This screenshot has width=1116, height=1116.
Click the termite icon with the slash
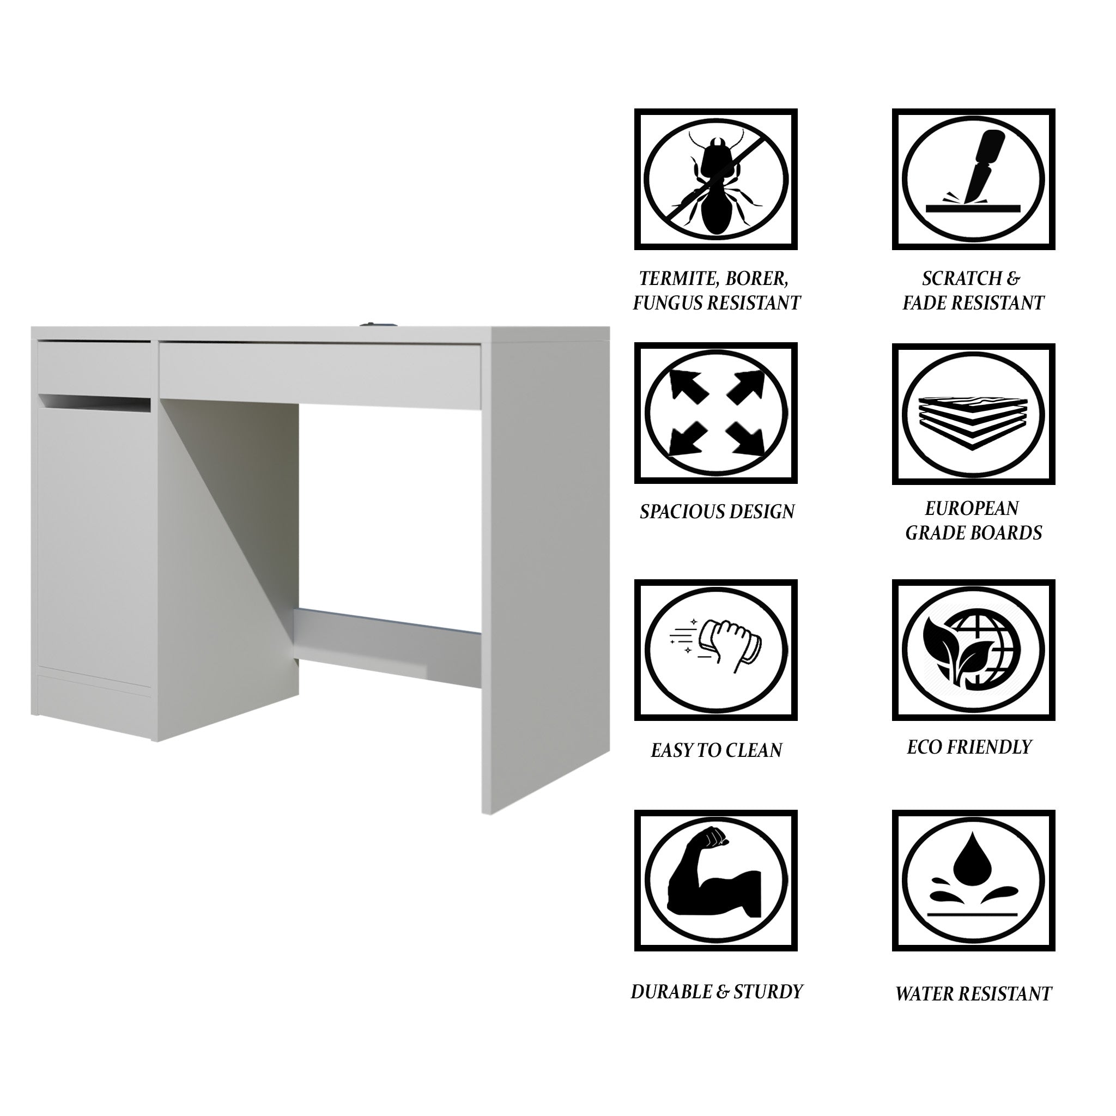click(715, 179)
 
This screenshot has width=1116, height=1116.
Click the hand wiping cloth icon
click(715, 650)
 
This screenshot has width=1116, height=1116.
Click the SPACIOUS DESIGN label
click(717, 512)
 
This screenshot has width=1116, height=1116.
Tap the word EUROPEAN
click(972, 508)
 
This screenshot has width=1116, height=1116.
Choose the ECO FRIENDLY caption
click(969, 747)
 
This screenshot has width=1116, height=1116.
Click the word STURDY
click(768, 992)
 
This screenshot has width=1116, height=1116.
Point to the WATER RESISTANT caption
click(973, 993)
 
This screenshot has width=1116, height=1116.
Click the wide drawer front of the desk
click(320, 373)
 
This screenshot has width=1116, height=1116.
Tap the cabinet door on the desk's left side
click(95, 537)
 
